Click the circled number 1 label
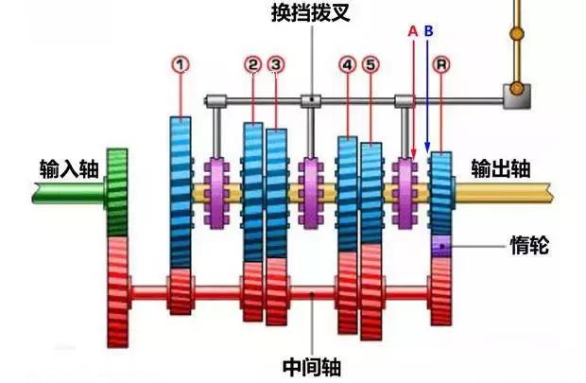click(181, 64)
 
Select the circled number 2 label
click(252, 64)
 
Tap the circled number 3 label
click(276, 64)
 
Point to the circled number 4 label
click(347, 64)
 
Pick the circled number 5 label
click(371, 64)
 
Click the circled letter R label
click(441, 64)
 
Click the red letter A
click(412, 30)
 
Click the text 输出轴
click(501, 168)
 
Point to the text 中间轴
click(312, 365)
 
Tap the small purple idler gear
click(441, 245)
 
